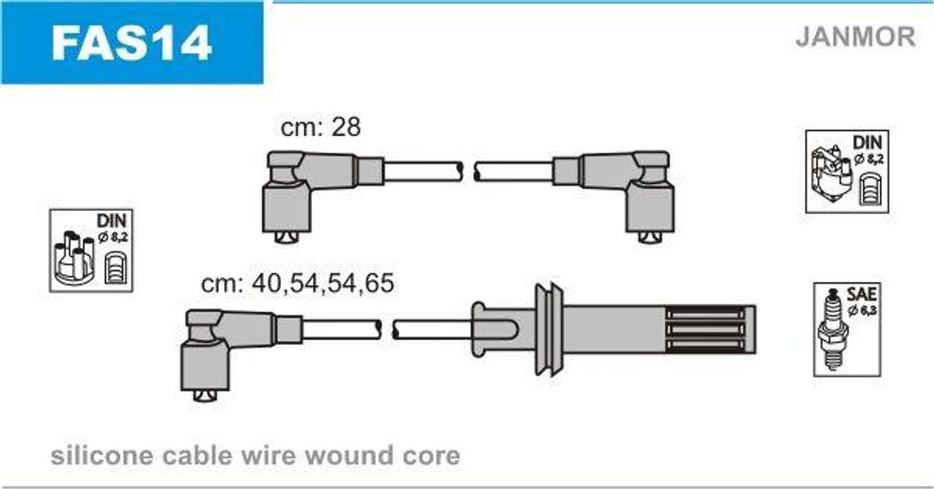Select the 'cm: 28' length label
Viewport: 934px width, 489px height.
(x=320, y=127)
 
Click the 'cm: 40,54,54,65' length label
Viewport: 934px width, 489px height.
(x=297, y=284)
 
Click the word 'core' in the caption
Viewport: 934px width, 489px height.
(x=434, y=454)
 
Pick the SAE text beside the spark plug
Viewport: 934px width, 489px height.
(x=862, y=294)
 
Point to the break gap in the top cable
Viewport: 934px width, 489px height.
(x=470, y=171)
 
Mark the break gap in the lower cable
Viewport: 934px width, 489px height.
(x=387, y=328)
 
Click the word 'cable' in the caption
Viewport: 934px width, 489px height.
(x=191, y=454)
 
